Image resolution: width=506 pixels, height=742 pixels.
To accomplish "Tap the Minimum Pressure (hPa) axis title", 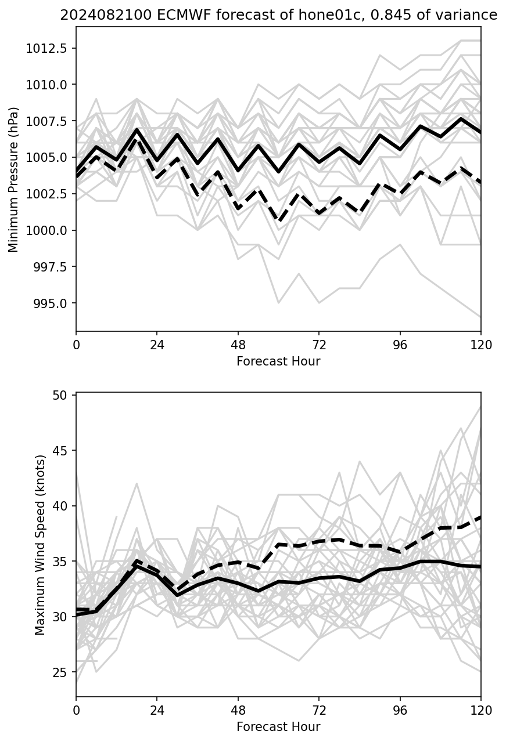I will [13, 179].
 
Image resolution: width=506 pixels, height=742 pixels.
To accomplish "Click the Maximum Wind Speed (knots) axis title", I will [40, 545].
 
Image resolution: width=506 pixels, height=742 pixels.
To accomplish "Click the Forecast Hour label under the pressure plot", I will [278, 361].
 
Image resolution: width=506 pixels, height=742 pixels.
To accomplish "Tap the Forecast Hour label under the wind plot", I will [278, 727].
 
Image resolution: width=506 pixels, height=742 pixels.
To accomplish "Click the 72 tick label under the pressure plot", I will [319, 345].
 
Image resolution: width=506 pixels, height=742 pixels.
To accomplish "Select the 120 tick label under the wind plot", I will [480, 711].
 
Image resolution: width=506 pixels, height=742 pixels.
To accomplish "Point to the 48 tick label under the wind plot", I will [238, 711].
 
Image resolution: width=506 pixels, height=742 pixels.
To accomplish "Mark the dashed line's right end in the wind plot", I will [480, 516].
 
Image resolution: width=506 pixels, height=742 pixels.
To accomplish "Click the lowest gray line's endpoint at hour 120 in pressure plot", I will [480, 317].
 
